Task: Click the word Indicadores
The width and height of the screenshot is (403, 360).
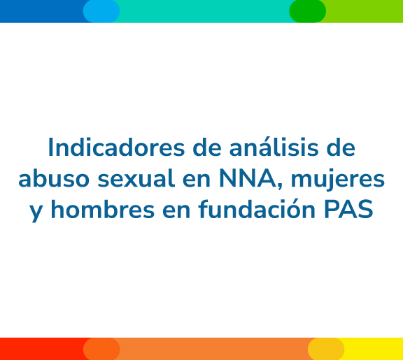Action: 116,147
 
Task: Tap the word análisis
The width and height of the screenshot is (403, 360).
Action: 274,147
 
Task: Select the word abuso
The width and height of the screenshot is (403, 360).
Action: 54,178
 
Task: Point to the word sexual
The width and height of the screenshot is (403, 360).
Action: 136,178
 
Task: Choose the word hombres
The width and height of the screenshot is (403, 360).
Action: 103,209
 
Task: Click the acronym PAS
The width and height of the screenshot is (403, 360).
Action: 348,209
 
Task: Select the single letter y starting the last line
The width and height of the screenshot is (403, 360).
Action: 36,212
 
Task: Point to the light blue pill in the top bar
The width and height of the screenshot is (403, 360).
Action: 101,11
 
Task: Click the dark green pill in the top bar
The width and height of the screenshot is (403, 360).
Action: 308,11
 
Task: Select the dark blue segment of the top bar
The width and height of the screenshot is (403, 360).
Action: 43,11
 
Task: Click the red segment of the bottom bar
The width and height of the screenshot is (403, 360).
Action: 43,349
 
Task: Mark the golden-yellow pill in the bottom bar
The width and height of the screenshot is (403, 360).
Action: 326,349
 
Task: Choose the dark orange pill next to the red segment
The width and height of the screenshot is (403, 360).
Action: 101,349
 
